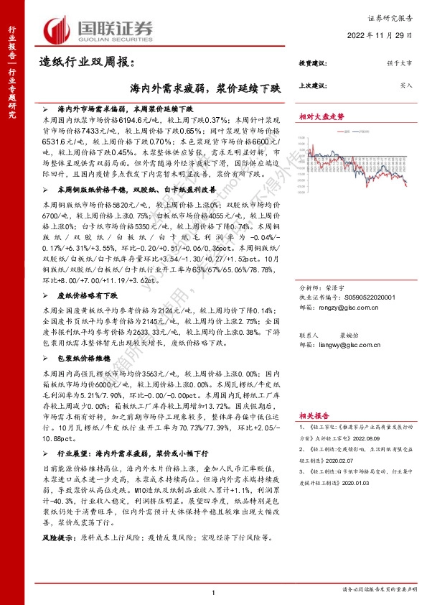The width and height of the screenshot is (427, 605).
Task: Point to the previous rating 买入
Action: (x=406, y=85)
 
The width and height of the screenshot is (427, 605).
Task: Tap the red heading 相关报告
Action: (x=314, y=416)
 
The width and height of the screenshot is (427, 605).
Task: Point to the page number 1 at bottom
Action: (x=214, y=591)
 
